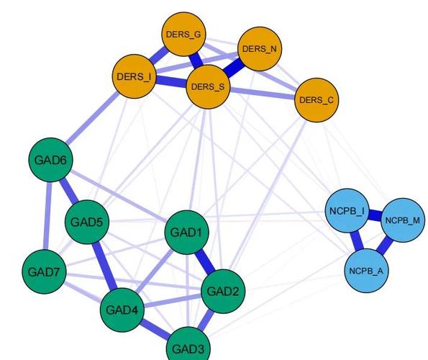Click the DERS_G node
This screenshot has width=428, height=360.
tap(183, 34)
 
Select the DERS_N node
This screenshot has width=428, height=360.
tap(260, 49)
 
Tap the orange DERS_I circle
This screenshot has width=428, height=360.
tap(135, 76)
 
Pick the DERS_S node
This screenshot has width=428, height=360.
tap(208, 87)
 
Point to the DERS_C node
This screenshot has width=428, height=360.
tap(317, 100)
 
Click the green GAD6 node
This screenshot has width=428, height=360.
tap(51, 160)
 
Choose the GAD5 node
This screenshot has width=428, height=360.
tap(87, 222)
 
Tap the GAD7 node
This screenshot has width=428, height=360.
tap(44, 271)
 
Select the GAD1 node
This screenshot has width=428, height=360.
tap(187, 233)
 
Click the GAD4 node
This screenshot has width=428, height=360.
tap(122, 310)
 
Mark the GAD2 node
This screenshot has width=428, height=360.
tap(223, 291)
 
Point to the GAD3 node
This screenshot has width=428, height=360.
tap(188, 347)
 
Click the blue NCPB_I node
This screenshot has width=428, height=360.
tap(347, 211)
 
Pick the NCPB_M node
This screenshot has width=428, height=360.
tap(403, 220)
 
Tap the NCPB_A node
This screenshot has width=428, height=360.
tap(366, 271)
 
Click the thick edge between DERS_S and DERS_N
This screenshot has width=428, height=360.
tap(233, 68)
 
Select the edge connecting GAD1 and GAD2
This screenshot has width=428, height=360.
tap(205, 262)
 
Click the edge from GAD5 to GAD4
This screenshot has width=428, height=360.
tap(105, 266)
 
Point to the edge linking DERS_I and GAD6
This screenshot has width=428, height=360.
tap(93, 118)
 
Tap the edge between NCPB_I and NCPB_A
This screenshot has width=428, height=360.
tap(357, 240)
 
